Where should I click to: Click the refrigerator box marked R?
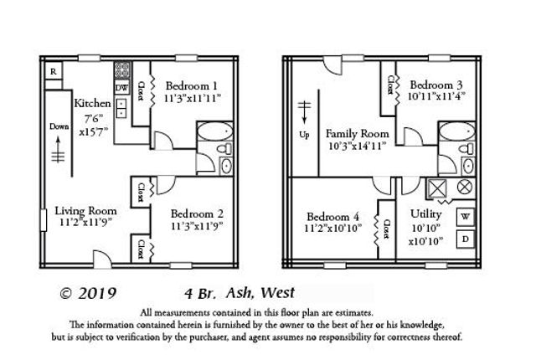(53, 72)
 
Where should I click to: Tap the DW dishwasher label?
(122, 87)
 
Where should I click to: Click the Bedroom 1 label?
(192, 86)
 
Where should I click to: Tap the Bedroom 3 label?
(437, 85)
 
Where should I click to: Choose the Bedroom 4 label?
(333, 213)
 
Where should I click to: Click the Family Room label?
(358, 133)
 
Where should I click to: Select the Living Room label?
(86, 210)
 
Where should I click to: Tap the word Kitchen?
(92, 103)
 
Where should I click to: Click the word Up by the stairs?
(307, 134)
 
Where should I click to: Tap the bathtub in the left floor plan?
(213, 132)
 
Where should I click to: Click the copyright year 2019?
(86, 294)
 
